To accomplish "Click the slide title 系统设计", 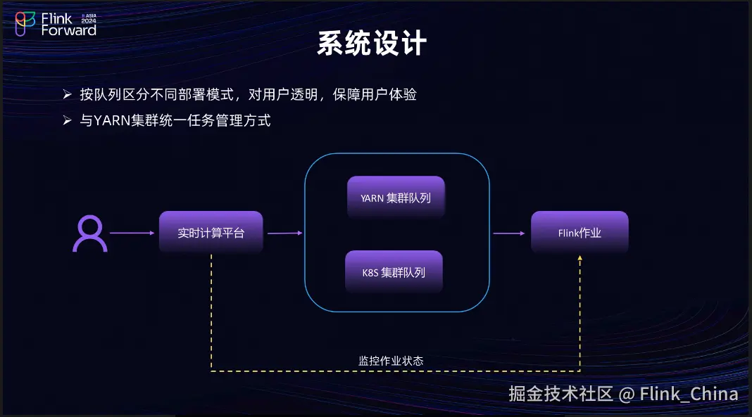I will point(371,44).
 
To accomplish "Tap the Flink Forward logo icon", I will point(26,24).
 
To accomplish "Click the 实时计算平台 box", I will point(211,233).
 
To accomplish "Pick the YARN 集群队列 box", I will point(396,198).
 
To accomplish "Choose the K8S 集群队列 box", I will point(394,272).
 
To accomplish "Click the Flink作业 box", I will point(579,233).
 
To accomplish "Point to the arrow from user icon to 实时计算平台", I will point(132,233).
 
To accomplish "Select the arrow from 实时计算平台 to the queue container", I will point(285,233).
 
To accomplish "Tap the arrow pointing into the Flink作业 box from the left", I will point(509,233).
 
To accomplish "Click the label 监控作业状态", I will point(391,361).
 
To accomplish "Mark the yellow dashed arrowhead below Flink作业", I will point(580,259).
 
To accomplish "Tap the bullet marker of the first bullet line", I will point(67,94).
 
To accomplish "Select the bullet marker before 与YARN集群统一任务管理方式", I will point(67,120).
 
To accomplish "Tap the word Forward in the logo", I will point(69,30).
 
